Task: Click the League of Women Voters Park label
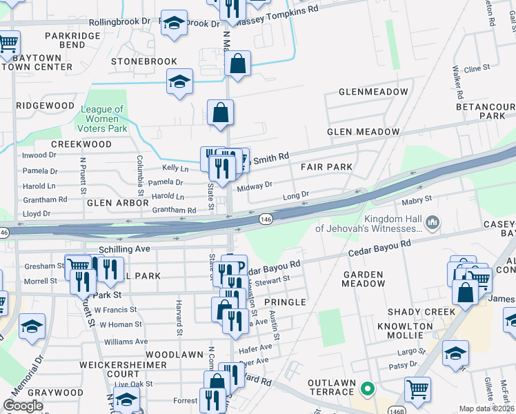point(103,119)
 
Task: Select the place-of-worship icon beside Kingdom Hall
point(432,221)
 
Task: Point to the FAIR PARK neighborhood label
point(326,167)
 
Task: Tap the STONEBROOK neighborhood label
point(144,61)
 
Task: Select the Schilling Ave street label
point(124,248)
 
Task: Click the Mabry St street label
point(418,199)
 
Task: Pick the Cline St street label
point(476,69)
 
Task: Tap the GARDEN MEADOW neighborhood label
point(363,279)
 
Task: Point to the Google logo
point(23,406)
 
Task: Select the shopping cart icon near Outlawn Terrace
point(417,388)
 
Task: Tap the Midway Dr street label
point(255,186)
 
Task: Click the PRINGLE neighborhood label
point(284,302)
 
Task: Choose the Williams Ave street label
point(126,342)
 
